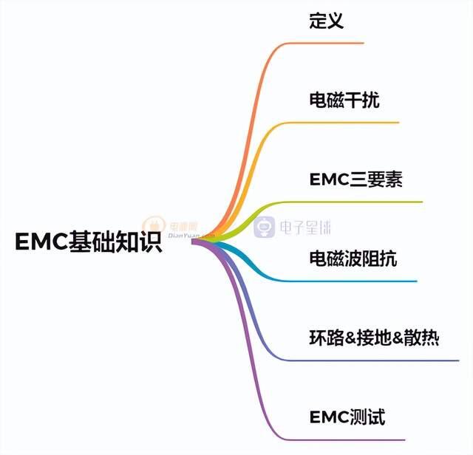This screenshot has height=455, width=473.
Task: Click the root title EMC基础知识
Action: point(89,242)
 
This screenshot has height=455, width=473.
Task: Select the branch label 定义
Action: point(327,21)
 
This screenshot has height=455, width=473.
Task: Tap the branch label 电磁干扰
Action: point(344,100)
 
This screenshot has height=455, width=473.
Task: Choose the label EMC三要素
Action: point(356,179)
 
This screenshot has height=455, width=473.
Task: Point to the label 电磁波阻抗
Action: point(353,259)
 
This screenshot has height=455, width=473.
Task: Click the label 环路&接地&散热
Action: point(374,338)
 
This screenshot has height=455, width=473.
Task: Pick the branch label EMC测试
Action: point(347,417)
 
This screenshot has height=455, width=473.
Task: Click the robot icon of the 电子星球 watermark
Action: point(265,227)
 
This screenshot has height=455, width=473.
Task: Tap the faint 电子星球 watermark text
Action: point(305,227)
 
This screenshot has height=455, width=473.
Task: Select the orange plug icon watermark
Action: point(154,225)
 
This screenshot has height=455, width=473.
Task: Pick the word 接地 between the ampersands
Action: point(374,338)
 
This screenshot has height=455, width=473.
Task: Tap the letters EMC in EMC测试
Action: point(329,417)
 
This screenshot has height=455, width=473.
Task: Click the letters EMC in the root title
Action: point(41,242)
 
